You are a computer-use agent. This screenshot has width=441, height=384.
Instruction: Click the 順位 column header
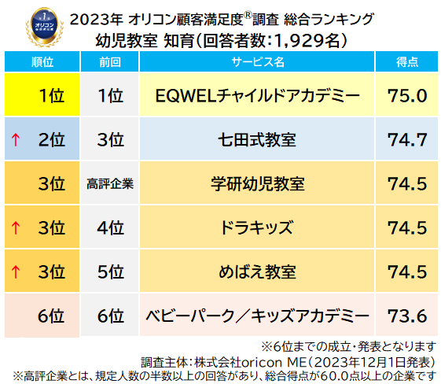(40, 61)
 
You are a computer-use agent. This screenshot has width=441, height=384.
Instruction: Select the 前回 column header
(110, 61)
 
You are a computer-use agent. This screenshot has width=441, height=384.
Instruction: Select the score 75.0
(406, 96)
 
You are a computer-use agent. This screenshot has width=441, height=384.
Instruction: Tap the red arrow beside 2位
(15, 141)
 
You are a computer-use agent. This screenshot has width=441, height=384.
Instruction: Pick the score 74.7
(406, 140)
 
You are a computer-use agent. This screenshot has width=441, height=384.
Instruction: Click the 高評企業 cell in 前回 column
(110, 185)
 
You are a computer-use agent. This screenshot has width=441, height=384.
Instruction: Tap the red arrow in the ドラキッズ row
(15, 229)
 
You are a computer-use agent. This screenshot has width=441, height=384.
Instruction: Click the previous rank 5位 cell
(110, 272)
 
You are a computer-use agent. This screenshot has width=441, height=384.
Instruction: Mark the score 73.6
(406, 316)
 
